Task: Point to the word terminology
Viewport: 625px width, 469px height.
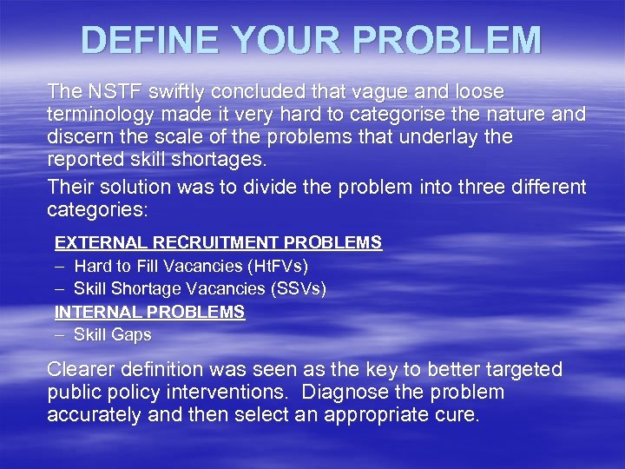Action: coord(99,114)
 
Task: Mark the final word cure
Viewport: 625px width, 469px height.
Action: coord(457,414)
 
